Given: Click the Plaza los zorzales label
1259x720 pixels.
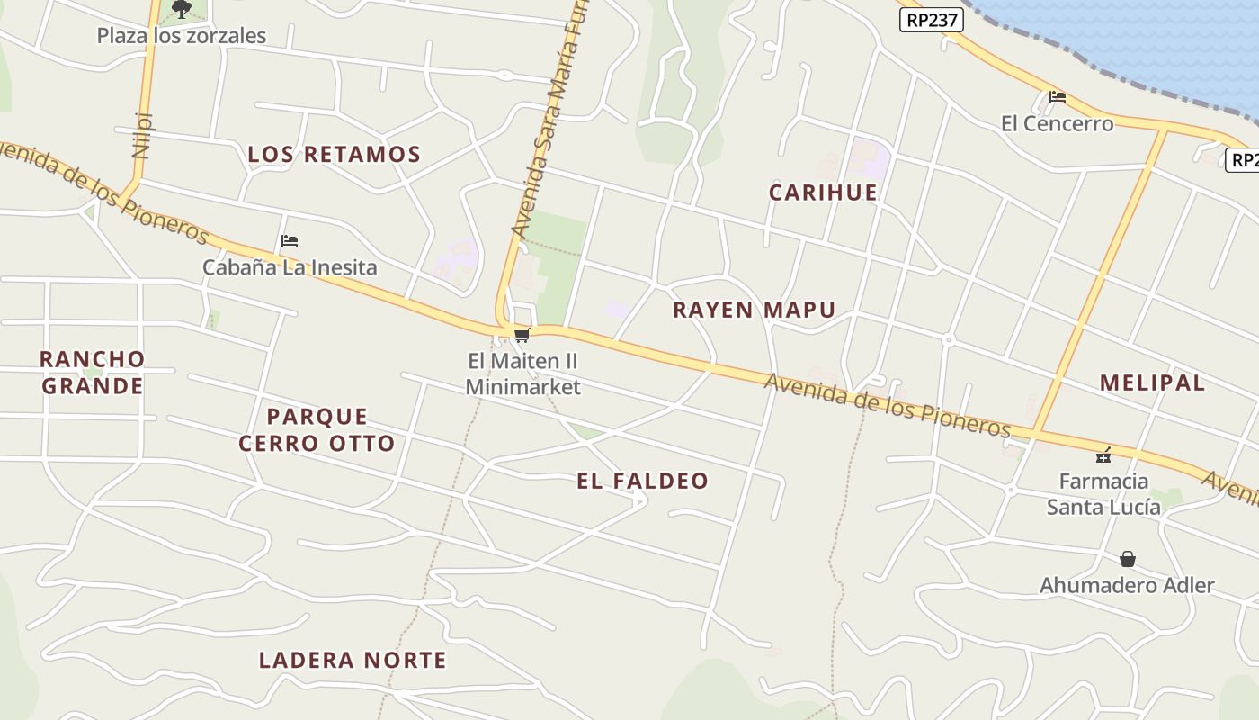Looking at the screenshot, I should (182, 36).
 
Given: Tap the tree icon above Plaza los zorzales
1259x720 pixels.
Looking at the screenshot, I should (182, 10).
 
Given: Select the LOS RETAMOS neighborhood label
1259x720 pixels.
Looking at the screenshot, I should (334, 155).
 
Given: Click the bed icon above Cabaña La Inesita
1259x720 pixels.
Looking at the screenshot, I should (290, 241).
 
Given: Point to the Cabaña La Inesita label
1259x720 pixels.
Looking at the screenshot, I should (290, 267).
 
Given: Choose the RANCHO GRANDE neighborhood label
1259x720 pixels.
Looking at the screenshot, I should (92, 373).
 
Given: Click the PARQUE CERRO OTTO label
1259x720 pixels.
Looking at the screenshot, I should (317, 429).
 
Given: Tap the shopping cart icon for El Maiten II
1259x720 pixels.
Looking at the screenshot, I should (522, 336).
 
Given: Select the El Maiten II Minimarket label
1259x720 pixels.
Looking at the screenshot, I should (522, 373).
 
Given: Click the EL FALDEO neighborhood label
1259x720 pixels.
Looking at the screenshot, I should (642, 481).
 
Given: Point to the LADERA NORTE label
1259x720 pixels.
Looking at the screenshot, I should (353, 661).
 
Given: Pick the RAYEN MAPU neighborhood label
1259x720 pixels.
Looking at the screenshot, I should (754, 310).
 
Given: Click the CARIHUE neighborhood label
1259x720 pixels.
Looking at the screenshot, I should (823, 193).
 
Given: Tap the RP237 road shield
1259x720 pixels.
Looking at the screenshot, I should (932, 20).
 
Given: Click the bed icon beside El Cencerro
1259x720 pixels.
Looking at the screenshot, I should (1058, 97).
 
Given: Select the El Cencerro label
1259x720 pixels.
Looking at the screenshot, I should (1057, 123).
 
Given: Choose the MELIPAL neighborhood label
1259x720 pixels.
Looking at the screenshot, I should (1152, 382).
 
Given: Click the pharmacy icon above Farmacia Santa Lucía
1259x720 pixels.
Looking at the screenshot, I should (1103, 454).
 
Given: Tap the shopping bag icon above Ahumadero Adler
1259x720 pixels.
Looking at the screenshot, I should (1128, 559).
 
